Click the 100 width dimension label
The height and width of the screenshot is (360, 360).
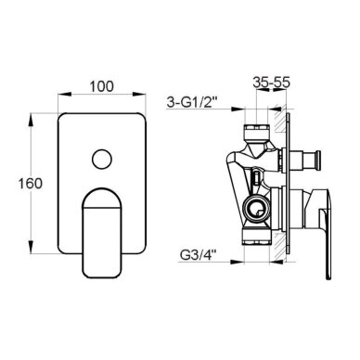[102, 86]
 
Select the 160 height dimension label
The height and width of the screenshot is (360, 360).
[30, 184]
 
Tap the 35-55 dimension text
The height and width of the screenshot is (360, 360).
[271, 83]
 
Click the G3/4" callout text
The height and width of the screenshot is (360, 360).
[198, 255]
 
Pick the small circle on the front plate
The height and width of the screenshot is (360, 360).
[102, 160]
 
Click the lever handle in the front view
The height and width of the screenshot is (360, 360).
[102, 233]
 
